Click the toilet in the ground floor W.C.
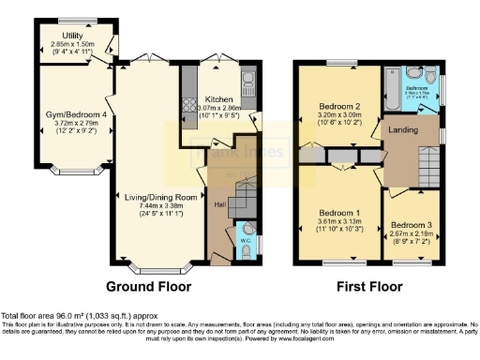247,230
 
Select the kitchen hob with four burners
187,81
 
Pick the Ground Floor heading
148,286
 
